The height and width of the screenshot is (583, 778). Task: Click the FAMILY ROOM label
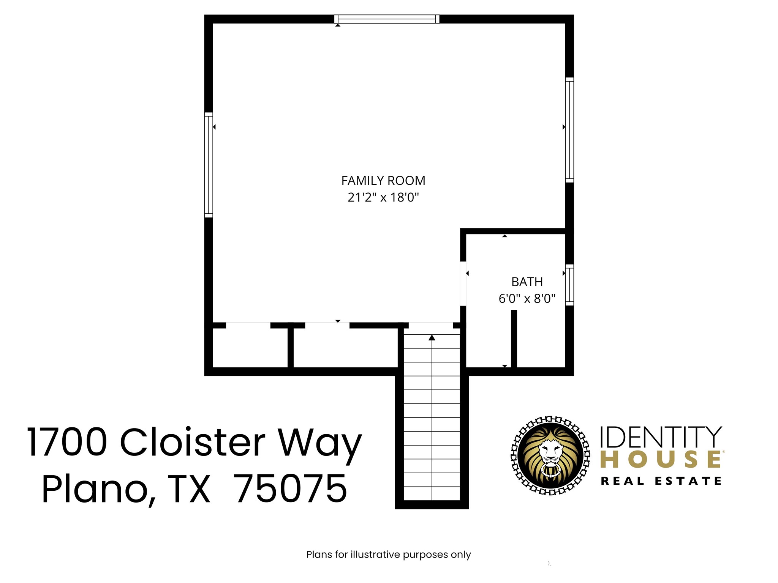[x=383, y=181]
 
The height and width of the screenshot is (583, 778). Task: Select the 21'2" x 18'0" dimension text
[x=383, y=197]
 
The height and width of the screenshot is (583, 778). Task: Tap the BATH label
[x=527, y=282]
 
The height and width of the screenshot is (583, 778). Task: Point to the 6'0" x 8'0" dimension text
[x=527, y=299]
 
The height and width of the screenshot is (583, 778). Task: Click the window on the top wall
[x=387, y=19]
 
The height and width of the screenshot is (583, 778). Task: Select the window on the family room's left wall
[x=209, y=165]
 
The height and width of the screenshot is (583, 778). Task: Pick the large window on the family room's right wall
[x=569, y=130]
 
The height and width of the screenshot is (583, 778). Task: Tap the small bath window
[x=569, y=285]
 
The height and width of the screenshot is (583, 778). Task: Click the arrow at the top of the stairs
[x=432, y=337]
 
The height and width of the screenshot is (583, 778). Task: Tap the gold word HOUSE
[x=661, y=460]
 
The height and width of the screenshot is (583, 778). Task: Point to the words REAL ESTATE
[x=661, y=481]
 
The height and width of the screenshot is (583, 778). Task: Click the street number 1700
[x=67, y=442]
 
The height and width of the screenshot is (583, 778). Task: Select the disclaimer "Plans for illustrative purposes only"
[x=388, y=555]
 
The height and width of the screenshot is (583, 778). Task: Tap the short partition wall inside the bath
[x=514, y=339]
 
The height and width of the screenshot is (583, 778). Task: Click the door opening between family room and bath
[x=463, y=284]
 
